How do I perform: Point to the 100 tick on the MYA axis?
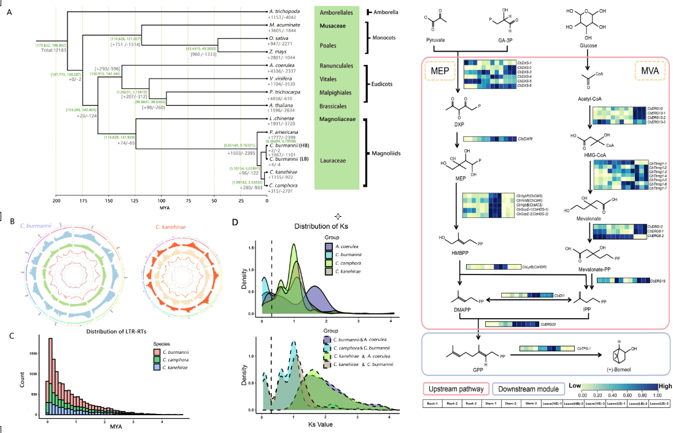[x=161, y=200]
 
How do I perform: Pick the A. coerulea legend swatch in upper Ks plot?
[x=329, y=247]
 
